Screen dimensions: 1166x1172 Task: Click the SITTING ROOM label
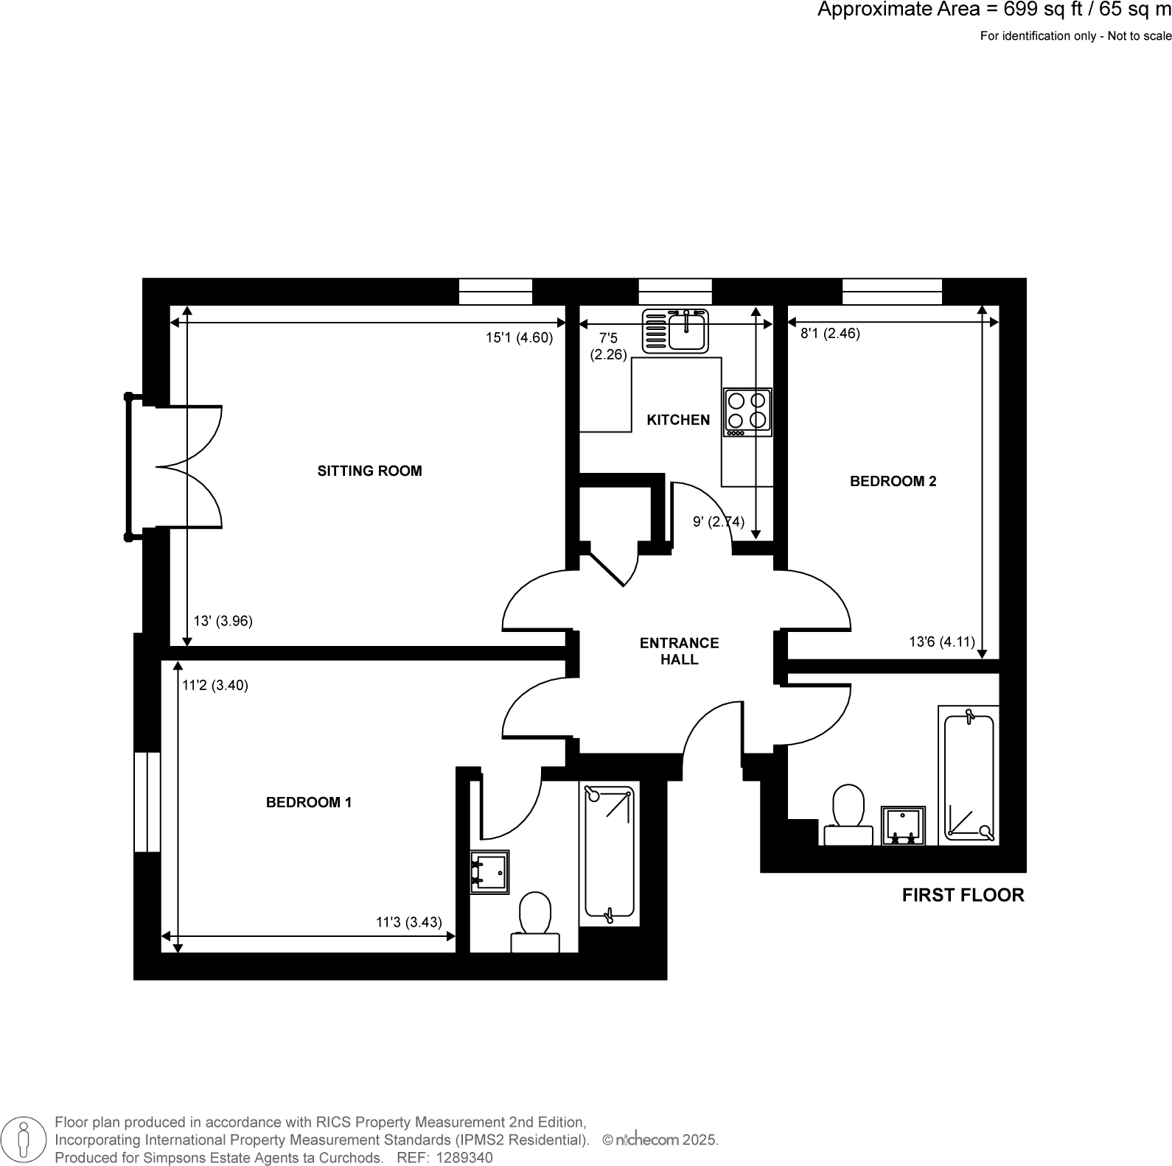coord(369,471)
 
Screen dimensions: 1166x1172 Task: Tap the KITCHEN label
coord(678,420)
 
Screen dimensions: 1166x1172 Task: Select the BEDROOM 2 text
coord(893,481)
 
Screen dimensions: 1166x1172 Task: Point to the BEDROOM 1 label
coord(309,802)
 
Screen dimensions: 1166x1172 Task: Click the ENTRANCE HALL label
coord(679,651)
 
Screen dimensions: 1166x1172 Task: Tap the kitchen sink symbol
coord(675,331)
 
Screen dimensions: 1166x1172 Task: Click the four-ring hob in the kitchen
coord(747,412)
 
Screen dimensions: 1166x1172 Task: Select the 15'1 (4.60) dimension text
coord(519,338)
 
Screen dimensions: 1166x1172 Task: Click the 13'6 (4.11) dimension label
coord(941,642)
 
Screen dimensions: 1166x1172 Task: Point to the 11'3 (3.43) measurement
coord(409,921)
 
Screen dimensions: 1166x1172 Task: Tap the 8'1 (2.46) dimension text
coord(830,333)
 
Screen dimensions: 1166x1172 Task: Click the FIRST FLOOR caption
coord(963,895)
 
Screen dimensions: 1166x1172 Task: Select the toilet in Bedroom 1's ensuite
coord(535,923)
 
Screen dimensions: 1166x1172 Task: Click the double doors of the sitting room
coord(190,467)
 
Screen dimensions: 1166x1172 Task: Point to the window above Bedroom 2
coord(892,292)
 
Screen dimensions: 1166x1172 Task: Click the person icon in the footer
coord(24,1139)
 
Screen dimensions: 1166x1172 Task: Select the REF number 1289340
coord(465,1157)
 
